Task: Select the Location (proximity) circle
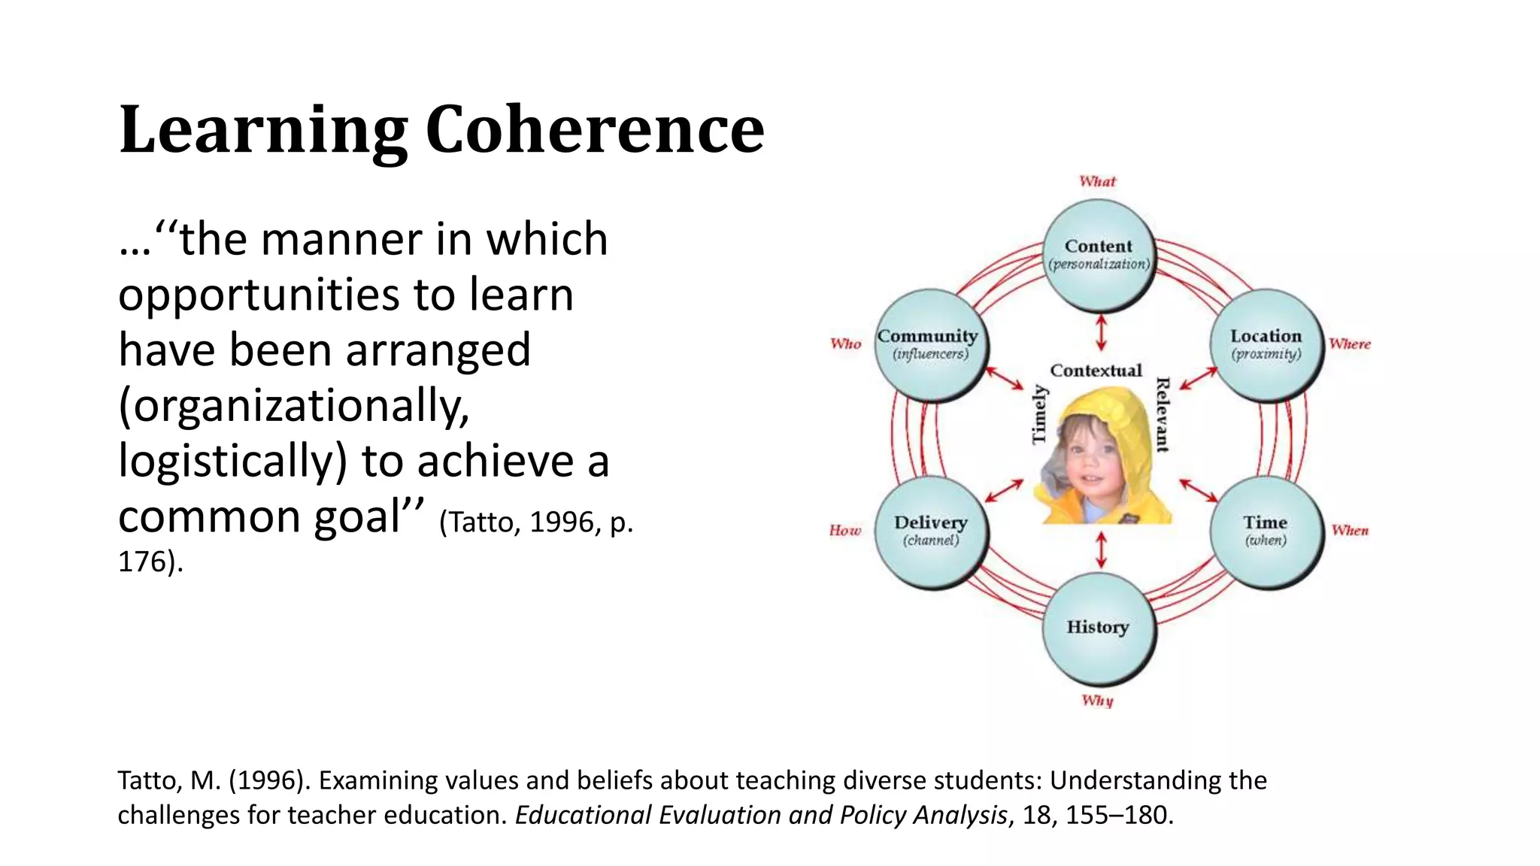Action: [1266, 345]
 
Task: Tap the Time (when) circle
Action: [1266, 531]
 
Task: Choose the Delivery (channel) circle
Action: [931, 531]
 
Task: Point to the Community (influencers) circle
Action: [931, 345]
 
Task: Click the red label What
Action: [1097, 181]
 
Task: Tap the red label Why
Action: [1097, 701]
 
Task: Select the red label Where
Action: [1349, 344]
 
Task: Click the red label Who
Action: [845, 344]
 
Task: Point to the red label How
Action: [844, 531]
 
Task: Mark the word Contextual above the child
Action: [1096, 371]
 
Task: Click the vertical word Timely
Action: [1038, 414]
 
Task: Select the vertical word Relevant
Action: [1163, 414]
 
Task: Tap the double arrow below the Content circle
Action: [1102, 332]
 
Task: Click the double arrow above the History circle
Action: [1102, 550]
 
